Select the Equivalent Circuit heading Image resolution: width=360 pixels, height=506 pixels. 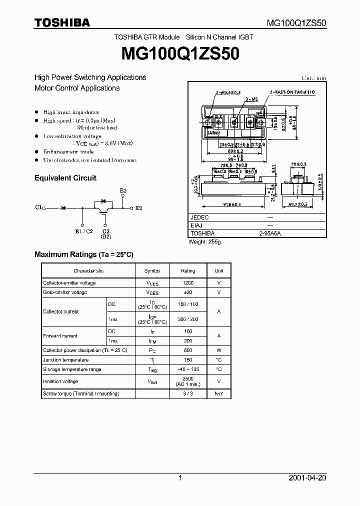click(x=65, y=178)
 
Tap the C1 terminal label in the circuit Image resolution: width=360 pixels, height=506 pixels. click(x=39, y=206)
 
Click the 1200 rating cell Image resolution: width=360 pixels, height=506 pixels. click(x=188, y=283)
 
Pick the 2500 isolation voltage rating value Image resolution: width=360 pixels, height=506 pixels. click(x=188, y=378)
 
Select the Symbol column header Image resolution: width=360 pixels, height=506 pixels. click(x=152, y=270)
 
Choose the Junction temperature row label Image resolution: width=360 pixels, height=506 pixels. click(x=65, y=360)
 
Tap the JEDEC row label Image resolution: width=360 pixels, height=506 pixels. click(x=199, y=217)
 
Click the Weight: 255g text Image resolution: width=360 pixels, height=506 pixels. click(x=204, y=242)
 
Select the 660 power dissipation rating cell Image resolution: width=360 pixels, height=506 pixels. click(x=188, y=350)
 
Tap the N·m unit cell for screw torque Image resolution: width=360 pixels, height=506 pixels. click(x=219, y=394)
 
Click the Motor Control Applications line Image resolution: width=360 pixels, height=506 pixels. click(x=77, y=88)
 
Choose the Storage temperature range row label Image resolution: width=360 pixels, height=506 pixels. click(x=72, y=369)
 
